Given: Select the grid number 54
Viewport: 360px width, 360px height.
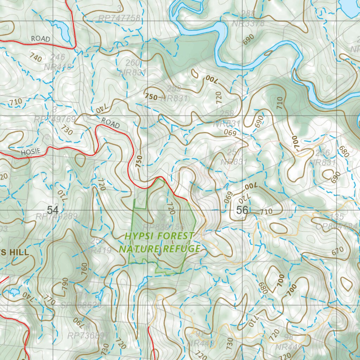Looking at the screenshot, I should click(53, 210).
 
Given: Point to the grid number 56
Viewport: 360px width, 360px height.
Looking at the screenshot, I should click(242, 210).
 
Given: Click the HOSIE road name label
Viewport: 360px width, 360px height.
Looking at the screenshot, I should click(31, 152).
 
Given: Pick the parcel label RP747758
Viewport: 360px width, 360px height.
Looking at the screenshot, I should click(119, 18).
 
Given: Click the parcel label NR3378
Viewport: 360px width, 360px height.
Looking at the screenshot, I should click(248, 24).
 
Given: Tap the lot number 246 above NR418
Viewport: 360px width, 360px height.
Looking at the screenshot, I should click(58, 57).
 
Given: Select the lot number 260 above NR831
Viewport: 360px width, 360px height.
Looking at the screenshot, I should click(133, 63).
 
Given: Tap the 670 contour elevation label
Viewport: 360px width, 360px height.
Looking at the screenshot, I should click(337, 251).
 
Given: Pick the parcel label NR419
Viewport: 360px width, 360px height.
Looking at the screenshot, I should click(100, 251).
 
